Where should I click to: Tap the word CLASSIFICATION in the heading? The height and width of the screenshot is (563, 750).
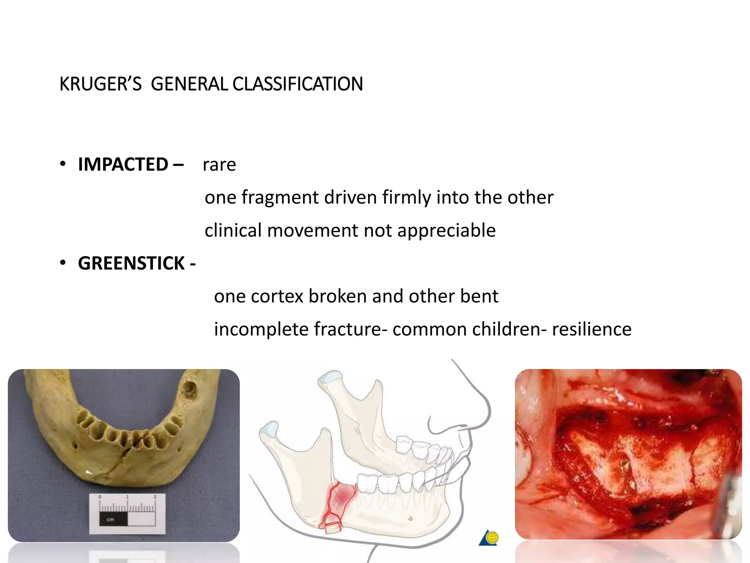297,84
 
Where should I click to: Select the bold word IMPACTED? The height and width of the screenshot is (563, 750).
123,164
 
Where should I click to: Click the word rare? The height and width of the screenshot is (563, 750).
219,165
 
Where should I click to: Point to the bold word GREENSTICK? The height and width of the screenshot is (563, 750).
131,263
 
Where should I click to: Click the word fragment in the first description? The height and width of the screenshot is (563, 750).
280,197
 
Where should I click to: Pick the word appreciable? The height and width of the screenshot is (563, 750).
446,230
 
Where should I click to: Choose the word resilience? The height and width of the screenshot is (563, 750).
591,329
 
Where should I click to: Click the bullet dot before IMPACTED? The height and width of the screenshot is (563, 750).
63,164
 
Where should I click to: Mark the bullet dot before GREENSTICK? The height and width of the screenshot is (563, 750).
63,263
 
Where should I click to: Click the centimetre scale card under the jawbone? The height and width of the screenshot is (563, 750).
127,513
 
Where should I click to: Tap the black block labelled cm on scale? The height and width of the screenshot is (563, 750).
113,519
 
